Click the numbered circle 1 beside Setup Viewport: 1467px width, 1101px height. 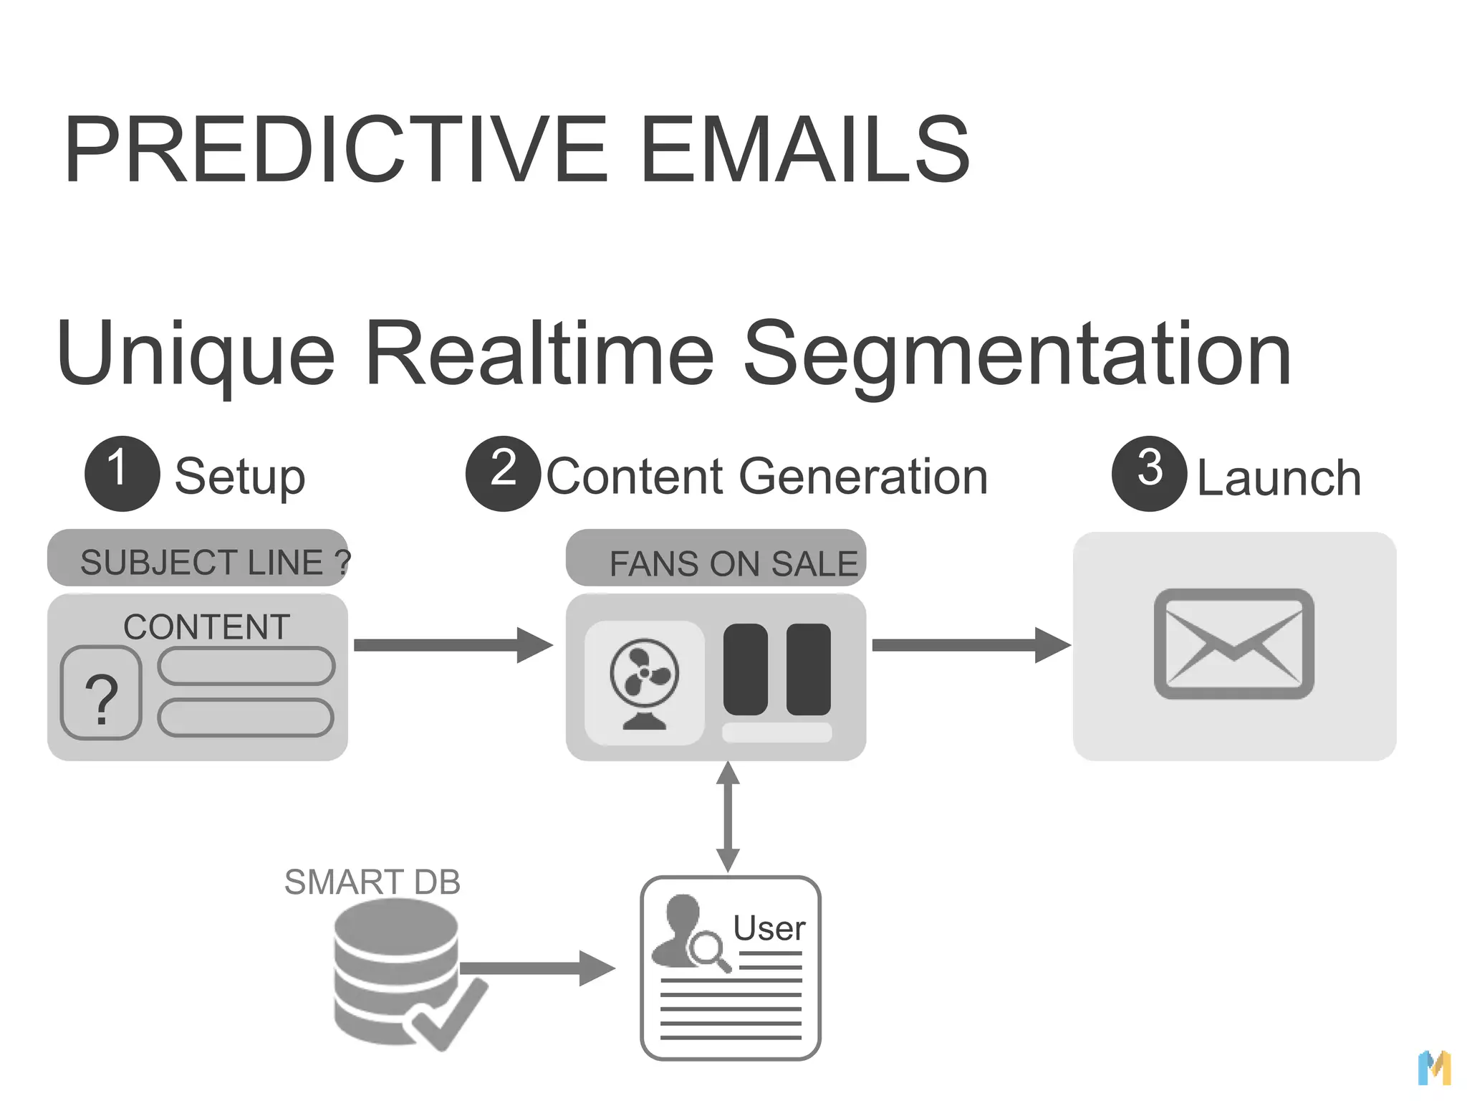[x=122, y=473]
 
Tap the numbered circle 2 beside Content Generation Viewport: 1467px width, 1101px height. [x=503, y=473]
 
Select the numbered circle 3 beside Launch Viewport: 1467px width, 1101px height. [x=1149, y=473]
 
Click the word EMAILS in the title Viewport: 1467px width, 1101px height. [x=804, y=150]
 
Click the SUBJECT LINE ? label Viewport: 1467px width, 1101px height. [x=214, y=562]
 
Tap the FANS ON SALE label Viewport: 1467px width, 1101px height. [x=733, y=563]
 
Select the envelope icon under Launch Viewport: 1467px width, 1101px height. [x=1233, y=644]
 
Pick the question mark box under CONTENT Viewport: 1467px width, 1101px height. [x=101, y=693]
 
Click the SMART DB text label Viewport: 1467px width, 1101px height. [x=372, y=882]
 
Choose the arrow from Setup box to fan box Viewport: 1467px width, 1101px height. [x=453, y=645]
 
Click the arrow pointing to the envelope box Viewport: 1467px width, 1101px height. [x=971, y=645]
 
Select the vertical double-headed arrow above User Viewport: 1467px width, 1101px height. [x=728, y=817]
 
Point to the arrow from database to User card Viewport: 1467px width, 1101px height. [x=537, y=968]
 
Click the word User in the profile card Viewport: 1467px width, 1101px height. [x=769, y=928]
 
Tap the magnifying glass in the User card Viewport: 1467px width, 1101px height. [x=708, y=950]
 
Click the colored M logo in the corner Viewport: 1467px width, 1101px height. [x=1434, y=1068]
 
